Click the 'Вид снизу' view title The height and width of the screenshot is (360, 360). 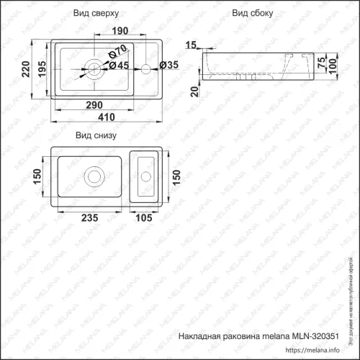click(96, 135)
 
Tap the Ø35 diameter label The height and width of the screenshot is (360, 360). click(168, 66)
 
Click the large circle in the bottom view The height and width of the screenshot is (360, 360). click(94, 175)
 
